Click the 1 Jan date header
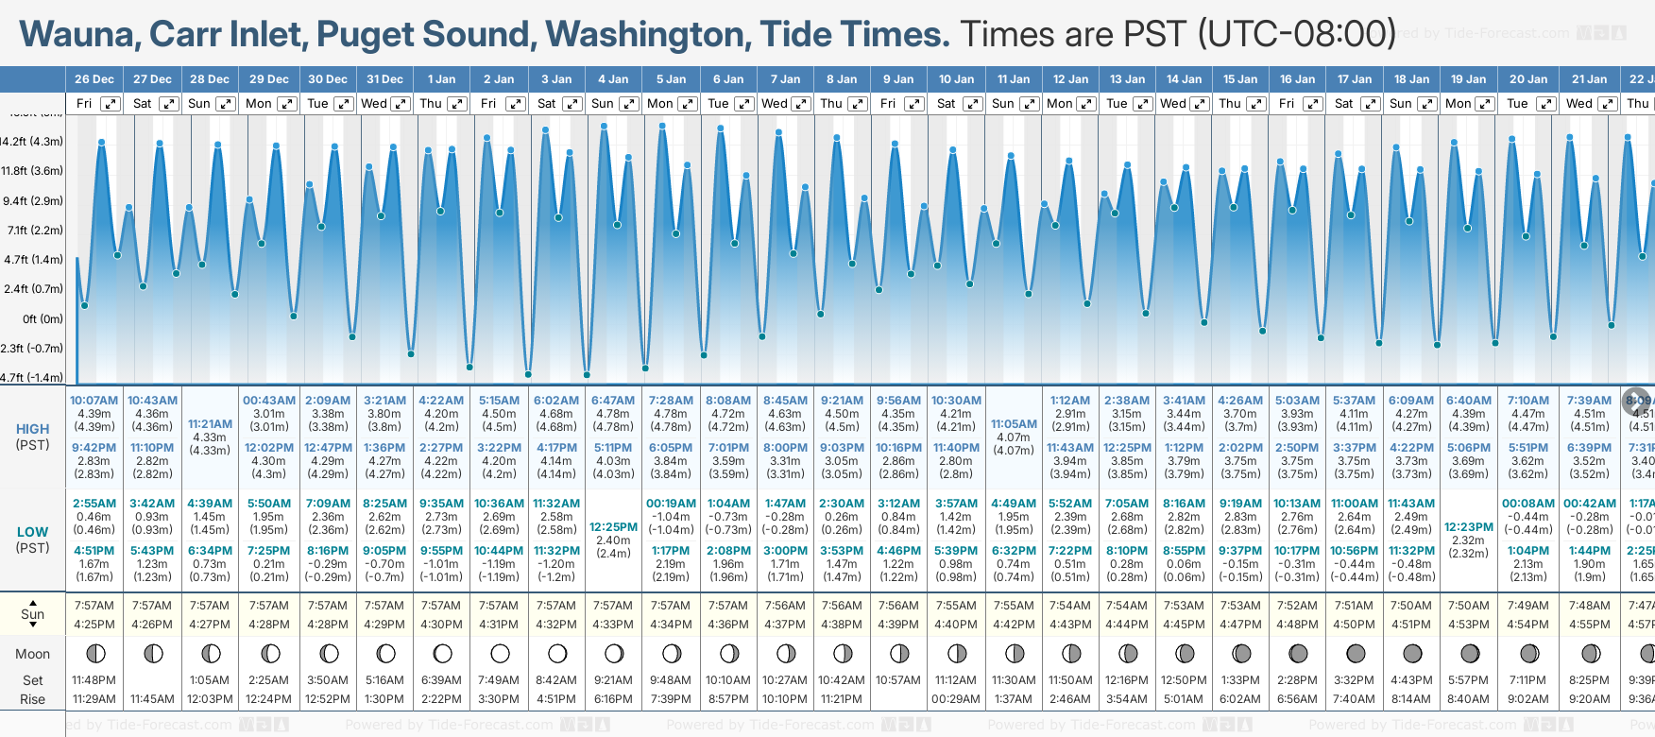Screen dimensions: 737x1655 tap(441, 79)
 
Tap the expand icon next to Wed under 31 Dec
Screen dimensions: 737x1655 tap(401, 104)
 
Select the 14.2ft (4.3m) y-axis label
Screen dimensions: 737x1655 tap(32, 142)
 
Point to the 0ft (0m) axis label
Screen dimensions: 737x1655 tap(43, 319)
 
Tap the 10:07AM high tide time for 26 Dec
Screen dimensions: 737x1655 tap(94, 401)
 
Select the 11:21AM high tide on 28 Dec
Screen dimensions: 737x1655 tap(210, 424)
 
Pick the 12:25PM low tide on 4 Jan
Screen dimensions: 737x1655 tap(613, 527)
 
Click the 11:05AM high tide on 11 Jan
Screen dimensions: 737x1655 tap(1014, 424)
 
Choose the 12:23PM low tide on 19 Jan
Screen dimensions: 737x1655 tap(1469, 527)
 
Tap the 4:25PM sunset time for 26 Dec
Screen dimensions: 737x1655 tap(94, 625)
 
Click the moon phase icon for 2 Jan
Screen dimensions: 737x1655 tap(500, 653)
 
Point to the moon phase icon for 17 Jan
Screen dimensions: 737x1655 tap(1355, 653)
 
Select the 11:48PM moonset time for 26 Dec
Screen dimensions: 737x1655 tap(94, 680)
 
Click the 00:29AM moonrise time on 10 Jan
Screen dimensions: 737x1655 tap(956, 699)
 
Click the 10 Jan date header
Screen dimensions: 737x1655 tap(956, 79)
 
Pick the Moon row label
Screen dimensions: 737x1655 tap(32, 654)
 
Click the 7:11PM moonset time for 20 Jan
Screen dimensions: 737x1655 tap(1527, 680)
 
